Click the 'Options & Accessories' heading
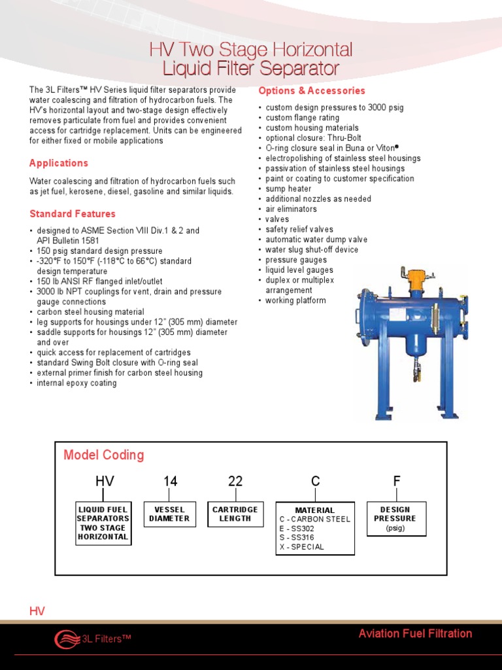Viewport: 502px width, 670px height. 312,91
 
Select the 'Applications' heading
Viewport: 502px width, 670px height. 59,163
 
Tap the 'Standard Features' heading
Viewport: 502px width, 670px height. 73,214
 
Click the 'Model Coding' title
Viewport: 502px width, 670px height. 104,455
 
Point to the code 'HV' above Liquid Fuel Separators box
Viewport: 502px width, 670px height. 105,482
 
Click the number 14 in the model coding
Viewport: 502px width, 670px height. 170,482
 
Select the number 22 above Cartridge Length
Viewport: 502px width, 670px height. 235,482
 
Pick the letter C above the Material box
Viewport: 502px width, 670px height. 316,482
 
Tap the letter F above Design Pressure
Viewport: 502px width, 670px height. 396,482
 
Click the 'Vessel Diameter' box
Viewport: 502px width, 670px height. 169,514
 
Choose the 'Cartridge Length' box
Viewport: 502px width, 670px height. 235,514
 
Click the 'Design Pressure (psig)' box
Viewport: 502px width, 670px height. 396,518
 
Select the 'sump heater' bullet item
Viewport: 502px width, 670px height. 288,189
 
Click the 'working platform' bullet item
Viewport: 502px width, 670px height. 295,301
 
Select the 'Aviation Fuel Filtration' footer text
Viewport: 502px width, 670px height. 415,633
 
